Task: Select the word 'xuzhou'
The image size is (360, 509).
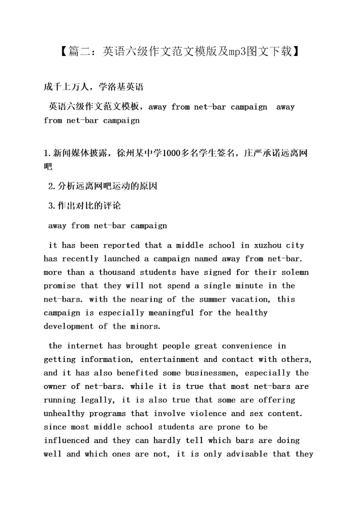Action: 258,245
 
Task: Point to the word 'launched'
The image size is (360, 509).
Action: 121,259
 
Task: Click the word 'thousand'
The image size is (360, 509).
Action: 116,272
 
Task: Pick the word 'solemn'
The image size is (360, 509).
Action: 295,272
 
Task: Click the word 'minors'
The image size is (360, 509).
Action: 146,326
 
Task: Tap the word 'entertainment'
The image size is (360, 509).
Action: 169,359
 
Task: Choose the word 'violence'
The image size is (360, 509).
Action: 208,413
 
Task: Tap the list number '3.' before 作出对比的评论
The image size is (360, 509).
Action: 51,206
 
